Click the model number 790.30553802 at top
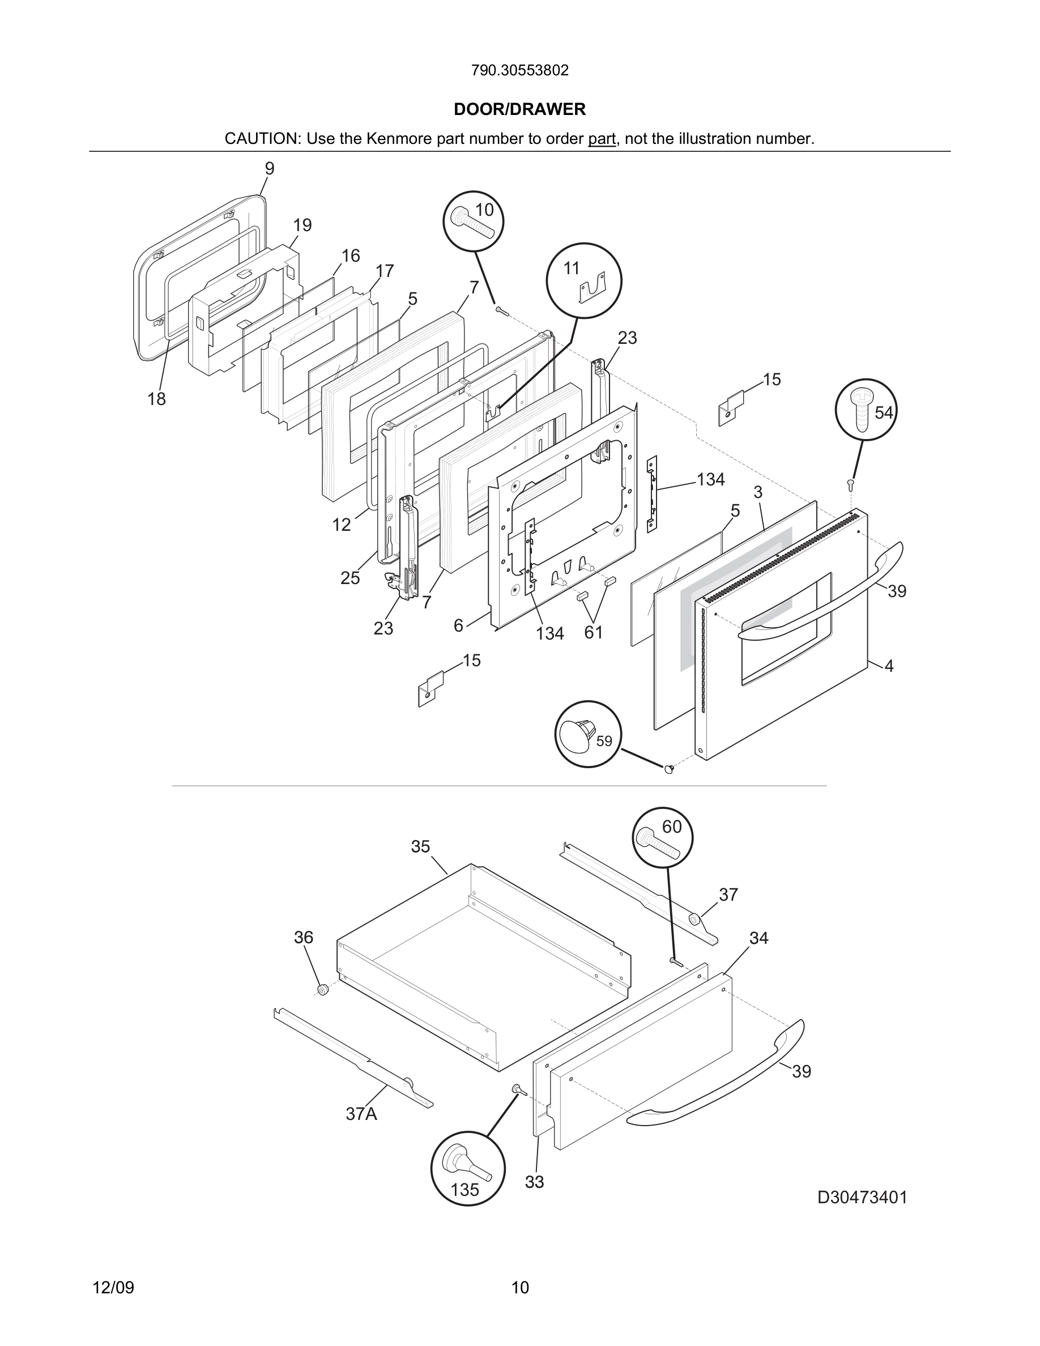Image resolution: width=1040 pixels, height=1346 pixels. [x=519, y=70]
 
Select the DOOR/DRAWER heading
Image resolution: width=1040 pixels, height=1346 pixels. [x=519, y=109]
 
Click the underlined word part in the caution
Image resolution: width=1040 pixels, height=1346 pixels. [x=602, y=139]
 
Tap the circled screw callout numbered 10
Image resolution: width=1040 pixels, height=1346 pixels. [x=473, y=220]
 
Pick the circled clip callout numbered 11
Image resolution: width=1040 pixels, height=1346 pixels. [x=583, y=280]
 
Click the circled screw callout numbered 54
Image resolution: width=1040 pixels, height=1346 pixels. [x=865, y=409]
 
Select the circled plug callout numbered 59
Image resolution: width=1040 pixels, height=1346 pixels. [x=588, y=734]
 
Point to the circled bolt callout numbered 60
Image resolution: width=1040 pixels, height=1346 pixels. [x=662, y=837]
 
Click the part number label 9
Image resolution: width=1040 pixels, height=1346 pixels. [x=270, y=168]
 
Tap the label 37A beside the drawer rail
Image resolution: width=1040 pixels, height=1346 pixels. [x=361, y=1114]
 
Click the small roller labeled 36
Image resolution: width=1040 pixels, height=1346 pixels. [x=322, y=990]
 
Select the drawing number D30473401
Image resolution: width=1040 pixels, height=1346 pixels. [x=862, y=1198]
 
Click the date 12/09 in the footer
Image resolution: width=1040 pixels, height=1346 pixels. [x=113, y=1288]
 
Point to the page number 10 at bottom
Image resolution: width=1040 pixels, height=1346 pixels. [x=519, y=1288]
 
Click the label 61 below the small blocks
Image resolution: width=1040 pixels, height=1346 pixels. [x=593, y=632]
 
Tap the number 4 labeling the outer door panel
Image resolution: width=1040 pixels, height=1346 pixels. [x=889, y=666]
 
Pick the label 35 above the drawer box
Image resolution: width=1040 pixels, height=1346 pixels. [x=420, y=847]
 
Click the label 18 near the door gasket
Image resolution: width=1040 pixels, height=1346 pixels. [x=156, y=399]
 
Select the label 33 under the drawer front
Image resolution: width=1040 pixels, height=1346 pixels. [x=534, y=1182]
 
